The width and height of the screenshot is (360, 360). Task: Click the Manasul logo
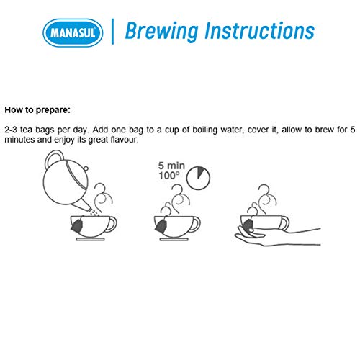(x=73, y=32)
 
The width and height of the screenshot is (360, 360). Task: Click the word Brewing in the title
(x=162, y=31)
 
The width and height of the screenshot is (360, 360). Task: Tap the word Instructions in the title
(x=259, y=30)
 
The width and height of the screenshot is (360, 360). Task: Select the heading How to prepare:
(x=37, y=110)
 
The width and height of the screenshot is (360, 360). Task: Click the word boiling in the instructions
(x=205, y=130)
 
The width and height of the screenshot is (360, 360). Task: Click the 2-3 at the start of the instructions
(x=11, y=130)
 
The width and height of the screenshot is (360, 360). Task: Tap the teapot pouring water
(x=66, y=180)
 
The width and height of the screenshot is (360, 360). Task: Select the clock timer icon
(x=198, y=178)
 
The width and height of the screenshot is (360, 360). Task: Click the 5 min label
(x=171, y=166)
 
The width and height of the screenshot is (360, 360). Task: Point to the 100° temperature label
(x=168, y=176)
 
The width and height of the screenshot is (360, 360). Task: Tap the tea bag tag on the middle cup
(x=161, y=226)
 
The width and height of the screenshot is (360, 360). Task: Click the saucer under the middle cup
(x=174, y=239)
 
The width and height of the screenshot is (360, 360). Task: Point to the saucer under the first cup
(x=90, y=239)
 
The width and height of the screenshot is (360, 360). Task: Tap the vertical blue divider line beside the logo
(x=112, y=32)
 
